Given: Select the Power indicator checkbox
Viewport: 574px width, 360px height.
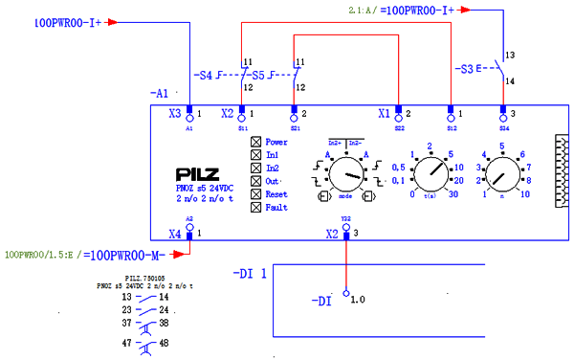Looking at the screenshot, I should [255, 143].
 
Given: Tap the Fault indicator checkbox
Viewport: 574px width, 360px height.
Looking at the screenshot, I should [255, 206].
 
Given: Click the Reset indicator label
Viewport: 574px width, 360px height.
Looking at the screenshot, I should [278, 193].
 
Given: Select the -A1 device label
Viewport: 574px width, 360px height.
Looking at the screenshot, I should [160, 94].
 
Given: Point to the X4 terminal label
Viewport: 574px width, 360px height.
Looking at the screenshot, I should [174, 234].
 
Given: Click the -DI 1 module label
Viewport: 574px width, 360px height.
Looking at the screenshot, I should [251, 274].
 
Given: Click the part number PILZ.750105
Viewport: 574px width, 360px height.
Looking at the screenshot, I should [144, 278].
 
